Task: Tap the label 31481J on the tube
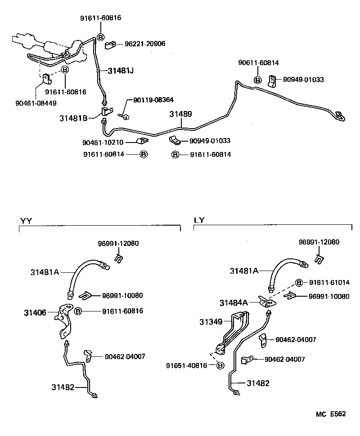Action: click(121, 71)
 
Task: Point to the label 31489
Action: click(180, 114)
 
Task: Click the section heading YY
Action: click(26, 220)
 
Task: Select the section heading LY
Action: click(199, 220)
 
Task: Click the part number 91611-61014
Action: click(328, 282)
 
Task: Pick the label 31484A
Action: click(234, 303)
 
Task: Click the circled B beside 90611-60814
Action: click(258, 80)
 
